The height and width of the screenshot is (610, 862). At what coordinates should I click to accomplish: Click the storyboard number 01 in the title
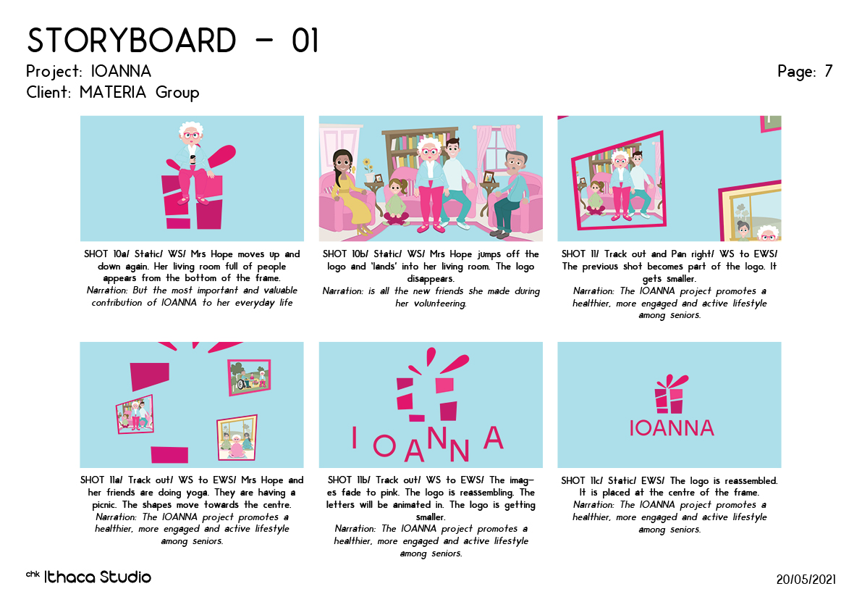[305, 41]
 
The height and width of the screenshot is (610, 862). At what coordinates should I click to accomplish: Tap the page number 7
[829, 71]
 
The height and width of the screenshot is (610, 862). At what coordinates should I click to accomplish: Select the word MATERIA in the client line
[113, 92]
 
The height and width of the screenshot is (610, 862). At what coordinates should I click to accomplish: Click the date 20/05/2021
[806, 579]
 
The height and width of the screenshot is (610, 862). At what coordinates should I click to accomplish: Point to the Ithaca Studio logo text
[97, 577]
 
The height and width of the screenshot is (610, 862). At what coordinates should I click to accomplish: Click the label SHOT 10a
[106, 254]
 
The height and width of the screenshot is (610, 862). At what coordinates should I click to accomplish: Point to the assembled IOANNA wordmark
[671, 428]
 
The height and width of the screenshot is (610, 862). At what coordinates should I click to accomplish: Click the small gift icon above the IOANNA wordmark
[669, 394]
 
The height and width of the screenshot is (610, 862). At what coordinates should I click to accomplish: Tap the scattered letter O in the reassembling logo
[384, 446]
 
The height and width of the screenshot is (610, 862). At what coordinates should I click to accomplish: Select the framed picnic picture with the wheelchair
[250, 377]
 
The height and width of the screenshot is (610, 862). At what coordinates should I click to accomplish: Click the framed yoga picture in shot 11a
[237, 438]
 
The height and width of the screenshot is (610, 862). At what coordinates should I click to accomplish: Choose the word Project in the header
[54, 72]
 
